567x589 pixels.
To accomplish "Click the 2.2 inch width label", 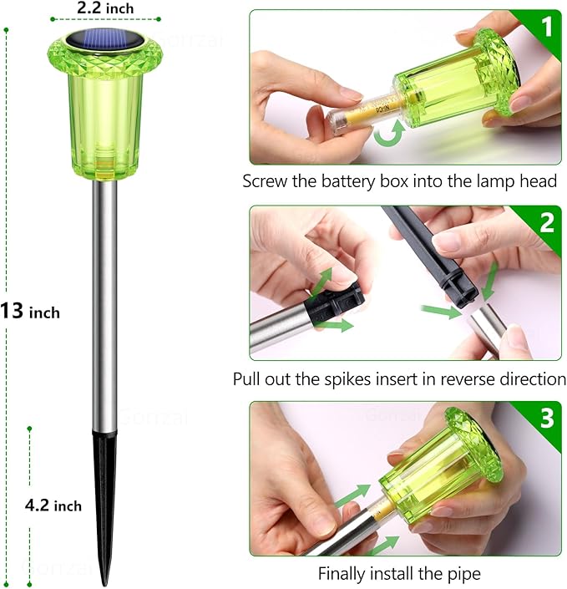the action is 105,8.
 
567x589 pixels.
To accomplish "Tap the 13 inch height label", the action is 30,312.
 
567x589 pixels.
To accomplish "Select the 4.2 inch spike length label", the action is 53,505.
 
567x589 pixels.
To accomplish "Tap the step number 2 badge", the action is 547,223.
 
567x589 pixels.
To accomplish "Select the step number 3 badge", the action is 547,418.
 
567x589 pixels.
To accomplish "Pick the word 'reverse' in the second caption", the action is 466,379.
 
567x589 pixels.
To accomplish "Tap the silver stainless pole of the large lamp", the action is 104,304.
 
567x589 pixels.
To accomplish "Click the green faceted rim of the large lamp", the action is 105,56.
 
